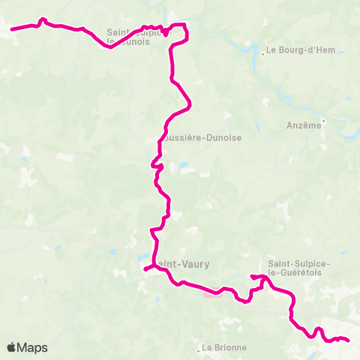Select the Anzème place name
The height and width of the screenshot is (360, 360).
click(304, 126)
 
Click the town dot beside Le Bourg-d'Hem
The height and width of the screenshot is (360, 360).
click(262, 52)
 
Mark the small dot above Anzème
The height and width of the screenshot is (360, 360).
click(323, 119)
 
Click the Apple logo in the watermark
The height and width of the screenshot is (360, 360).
click(12, 347)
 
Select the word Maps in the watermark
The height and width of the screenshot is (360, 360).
click(33, 348)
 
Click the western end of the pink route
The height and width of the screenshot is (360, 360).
click(12, 30)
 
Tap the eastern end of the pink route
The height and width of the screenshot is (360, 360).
click(349, 340)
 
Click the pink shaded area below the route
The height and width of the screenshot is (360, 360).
click(212, 293)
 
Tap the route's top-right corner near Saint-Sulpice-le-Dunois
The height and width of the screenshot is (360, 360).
click(185, 26)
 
